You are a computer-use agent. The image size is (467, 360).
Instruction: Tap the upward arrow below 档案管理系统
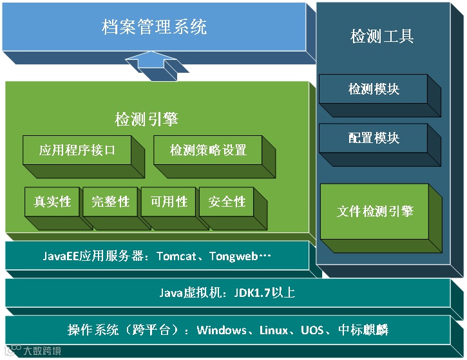151,65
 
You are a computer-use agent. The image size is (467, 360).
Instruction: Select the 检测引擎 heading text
146,119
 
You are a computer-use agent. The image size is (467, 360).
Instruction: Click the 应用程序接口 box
77,151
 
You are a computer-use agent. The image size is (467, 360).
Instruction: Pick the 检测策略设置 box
208,151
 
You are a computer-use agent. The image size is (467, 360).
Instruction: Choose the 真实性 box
52,202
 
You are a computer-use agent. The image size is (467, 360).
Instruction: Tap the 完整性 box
110,202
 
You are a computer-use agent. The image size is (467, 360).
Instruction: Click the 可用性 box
169,202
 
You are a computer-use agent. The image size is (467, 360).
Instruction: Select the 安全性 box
227,202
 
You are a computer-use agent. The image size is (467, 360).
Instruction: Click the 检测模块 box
374,90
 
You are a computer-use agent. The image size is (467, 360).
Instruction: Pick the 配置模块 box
374,138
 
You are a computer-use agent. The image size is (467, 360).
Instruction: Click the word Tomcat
176,256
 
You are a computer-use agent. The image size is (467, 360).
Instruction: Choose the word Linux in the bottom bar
274,330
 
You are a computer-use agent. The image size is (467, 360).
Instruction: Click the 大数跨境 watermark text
43,352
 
